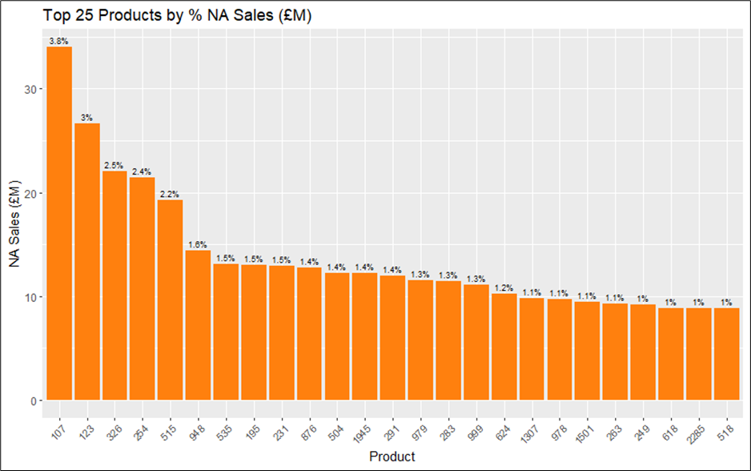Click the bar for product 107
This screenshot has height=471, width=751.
[59, 223]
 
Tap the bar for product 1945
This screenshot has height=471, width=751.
[364, 336]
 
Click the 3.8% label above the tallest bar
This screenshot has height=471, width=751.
[58, 41]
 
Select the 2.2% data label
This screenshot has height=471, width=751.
[170, 194]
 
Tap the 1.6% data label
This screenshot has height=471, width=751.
[198, 245]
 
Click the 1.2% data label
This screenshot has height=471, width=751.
[504, 288]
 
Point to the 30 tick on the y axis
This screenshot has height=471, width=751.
[30, 89]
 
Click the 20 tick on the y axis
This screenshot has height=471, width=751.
[30, 193]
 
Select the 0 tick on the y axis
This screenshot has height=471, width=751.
[33, 401]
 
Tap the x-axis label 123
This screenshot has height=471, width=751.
[85, 423]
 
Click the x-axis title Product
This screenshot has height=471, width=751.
[392, 457]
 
